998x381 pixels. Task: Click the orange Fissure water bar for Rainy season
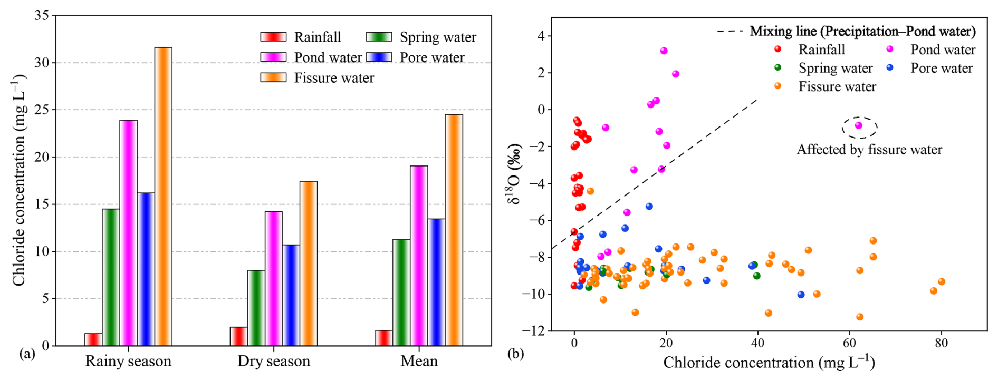(163, 197)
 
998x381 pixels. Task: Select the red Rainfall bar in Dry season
(238, 336)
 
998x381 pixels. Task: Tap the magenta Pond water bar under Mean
(419, 256)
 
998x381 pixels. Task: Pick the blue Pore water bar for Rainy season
(146, 269)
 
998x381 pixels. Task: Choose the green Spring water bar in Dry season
(256, 308)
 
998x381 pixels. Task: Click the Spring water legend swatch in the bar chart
(379, 37)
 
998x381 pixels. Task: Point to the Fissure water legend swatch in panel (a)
(273, 78)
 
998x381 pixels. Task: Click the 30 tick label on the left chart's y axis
(42, 63)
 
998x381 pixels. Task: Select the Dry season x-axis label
(274, 361)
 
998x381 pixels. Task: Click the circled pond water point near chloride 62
(859, 125)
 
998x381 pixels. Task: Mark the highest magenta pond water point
(664, 51)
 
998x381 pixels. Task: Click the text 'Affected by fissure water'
(869, 150)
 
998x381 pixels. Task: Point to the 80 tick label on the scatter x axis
(941, 343)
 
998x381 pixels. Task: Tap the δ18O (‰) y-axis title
(514, 174)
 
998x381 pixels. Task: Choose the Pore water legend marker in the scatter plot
(890, 68)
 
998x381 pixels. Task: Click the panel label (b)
(516, 354)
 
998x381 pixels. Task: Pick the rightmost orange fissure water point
(942, 282)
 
